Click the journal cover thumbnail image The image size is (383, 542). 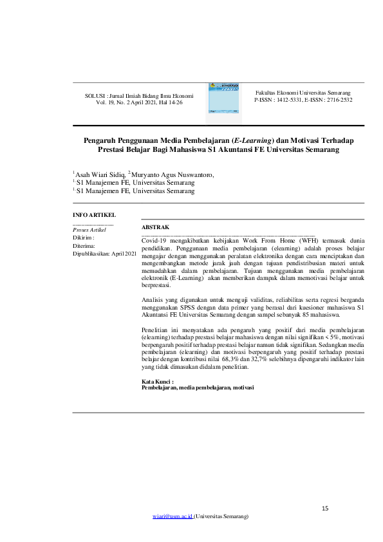(223, 101)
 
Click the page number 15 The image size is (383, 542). (325, 509)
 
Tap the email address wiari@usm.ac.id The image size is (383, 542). (173, 517)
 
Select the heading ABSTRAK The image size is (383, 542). (155, 227)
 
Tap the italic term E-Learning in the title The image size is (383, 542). (252, 140)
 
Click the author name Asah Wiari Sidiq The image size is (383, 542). (100, 174)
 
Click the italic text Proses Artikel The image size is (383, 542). (89, 230)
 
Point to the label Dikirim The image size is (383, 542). (84, 238)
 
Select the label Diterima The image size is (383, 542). (84, 246)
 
